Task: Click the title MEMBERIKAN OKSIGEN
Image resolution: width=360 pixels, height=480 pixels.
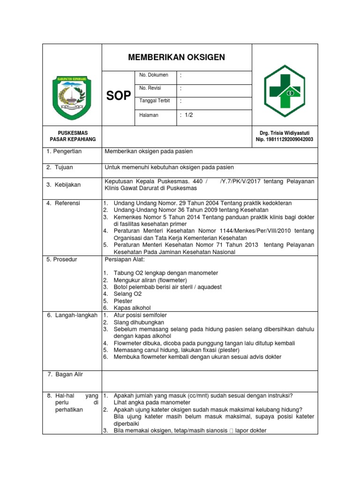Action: (x=177, y=57)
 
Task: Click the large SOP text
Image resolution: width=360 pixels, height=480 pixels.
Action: (x=119, y=96)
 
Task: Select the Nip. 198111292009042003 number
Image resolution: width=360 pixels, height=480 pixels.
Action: (x=285, y=140)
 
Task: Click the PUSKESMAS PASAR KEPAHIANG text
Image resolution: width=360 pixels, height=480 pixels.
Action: (x=73, y=136)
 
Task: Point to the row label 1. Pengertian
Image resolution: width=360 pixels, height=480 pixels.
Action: (x=64, y=151)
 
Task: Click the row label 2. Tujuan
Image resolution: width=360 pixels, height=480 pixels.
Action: (x=60, y=167)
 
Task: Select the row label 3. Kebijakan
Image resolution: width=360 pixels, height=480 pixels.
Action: (x=63, y=185)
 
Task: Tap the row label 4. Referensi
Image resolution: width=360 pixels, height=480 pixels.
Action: (x=63, y=203)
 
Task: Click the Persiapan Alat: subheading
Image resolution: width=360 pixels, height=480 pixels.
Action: (x=126, y=259)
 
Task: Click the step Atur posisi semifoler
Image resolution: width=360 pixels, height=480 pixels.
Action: (x=140, y=315)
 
